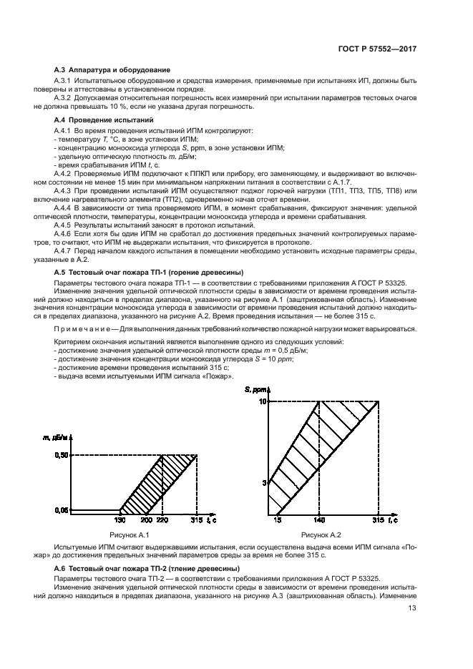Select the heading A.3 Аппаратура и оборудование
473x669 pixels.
click(112, 69)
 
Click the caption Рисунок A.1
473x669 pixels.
click(127, 535)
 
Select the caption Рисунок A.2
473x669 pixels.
click(321, 535)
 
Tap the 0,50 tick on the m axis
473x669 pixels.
click(62, 455)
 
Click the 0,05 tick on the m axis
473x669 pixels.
click(62, 509)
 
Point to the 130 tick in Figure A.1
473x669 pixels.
click(120, 520)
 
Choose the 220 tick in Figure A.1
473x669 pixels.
click(163, 520)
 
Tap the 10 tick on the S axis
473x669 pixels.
click(262, 402)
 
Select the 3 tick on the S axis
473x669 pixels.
click(263, 483)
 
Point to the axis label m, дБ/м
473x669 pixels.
click(59, 437)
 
